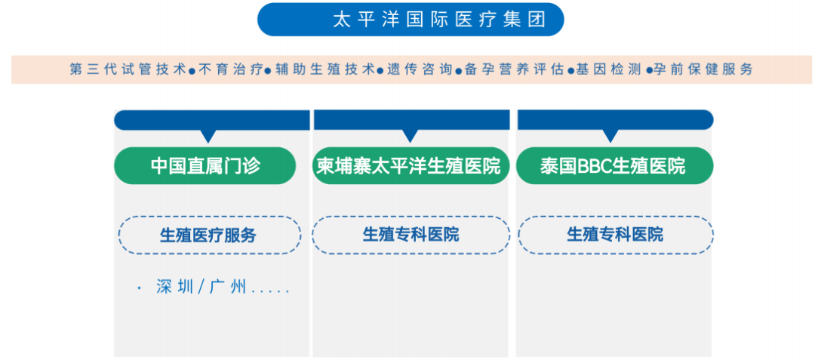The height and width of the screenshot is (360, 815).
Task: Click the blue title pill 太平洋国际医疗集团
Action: click(x=411, y=20)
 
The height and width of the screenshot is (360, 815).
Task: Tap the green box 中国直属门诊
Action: click(x=205, y=165)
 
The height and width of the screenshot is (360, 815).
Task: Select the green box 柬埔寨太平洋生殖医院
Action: click(x=409, y=165)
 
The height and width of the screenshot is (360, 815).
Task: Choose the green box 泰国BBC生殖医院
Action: click(x=614, y=165)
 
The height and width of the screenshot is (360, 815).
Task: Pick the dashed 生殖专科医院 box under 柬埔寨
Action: click(x=411, y=234)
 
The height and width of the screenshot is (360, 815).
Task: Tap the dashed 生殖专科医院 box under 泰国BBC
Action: click(x=615, y=234)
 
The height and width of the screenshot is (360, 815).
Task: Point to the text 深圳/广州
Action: click(x=201, y=288)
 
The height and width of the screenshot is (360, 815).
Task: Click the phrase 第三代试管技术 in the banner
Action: click(x=128, y=69)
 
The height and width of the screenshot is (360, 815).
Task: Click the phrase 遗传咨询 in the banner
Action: click(x=420, y=69)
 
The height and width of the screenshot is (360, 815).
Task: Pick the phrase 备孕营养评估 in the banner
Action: click(x=514, y=69)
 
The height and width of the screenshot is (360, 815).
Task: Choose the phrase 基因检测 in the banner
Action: click(x=608, y=69)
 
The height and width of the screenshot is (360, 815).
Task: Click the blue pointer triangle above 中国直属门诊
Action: click(x=208, y=135)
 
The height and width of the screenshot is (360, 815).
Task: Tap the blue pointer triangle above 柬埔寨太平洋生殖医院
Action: click(x=410, y=135)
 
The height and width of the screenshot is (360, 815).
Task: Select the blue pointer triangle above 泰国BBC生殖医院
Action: click(x=610, y=135)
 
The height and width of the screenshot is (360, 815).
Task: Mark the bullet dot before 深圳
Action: click(x=140, y=288)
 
